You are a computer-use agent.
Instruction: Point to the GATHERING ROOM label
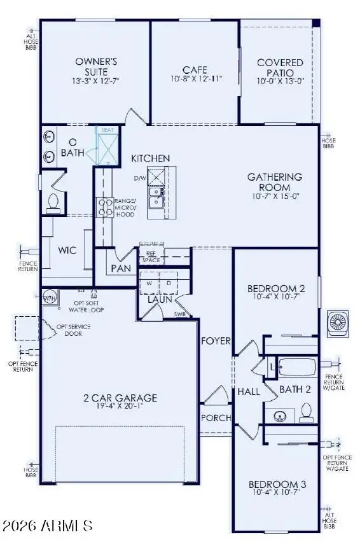pyautogui.click(x=274, y=182)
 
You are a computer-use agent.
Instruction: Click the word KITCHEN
pyautogui.click(x=151, y=158)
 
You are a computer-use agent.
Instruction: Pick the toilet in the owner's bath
pyautogui.click(x=53, y=202)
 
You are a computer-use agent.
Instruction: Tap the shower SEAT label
pyautogui.click(x=107, y=130)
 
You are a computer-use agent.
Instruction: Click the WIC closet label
pyautogui.click(x=67, y=250)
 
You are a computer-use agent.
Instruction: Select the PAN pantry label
pyautogui.click(x=120, y=269)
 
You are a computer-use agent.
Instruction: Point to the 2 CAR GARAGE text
pyautogui.click(x=120, y=398)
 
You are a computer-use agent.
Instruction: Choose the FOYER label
pyautogui.click(x=216, y=341)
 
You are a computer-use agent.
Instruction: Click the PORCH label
pyautogui.click(x=216, y=418)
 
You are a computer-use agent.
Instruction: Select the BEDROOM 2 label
pyautogui.click(x=276, y=289)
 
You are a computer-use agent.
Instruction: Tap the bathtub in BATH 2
pyautogui.click(x=297, y=368)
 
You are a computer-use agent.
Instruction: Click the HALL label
pyautogui.click(x=249, y=391)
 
